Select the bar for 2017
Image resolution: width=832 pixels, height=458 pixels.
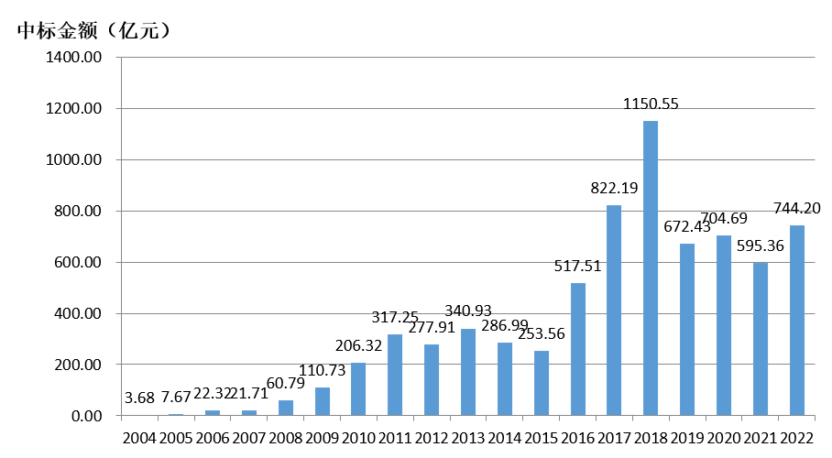point(614,311)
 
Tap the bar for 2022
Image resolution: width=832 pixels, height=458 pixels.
point(797,321)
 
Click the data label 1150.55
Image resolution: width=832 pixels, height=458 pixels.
point(651,104)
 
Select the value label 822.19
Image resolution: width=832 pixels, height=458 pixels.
point(614,189)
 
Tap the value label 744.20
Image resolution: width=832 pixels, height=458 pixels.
point(797,209)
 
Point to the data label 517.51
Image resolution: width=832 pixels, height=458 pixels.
point(578,267)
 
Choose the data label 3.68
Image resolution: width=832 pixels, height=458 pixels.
point(139,398)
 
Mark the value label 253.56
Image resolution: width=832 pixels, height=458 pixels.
point(542,333)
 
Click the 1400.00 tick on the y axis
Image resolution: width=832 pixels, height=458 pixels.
point(79,58)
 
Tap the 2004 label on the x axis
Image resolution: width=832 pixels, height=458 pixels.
point(139,439)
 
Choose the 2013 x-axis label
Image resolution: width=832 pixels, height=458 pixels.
point(468,439)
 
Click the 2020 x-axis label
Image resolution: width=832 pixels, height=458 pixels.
point(724,439)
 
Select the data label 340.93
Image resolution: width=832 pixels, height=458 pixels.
point(468,313)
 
